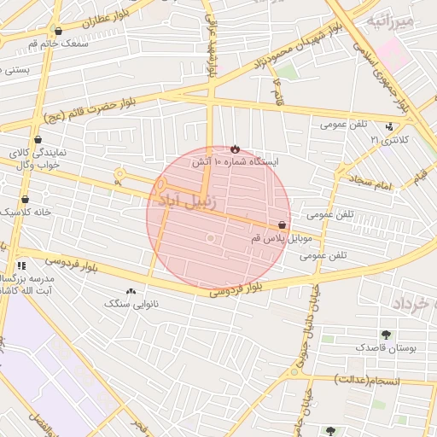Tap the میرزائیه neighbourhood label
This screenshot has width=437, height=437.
point(389,20)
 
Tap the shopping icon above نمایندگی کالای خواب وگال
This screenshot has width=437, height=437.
point(38,139)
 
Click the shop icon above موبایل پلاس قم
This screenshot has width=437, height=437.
point(282,225)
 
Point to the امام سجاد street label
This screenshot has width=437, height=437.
point(369,184)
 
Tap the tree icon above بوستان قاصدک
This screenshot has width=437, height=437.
point(386,335)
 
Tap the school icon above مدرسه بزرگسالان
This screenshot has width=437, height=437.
point(21,265)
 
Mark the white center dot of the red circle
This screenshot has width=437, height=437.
point(210,238)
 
